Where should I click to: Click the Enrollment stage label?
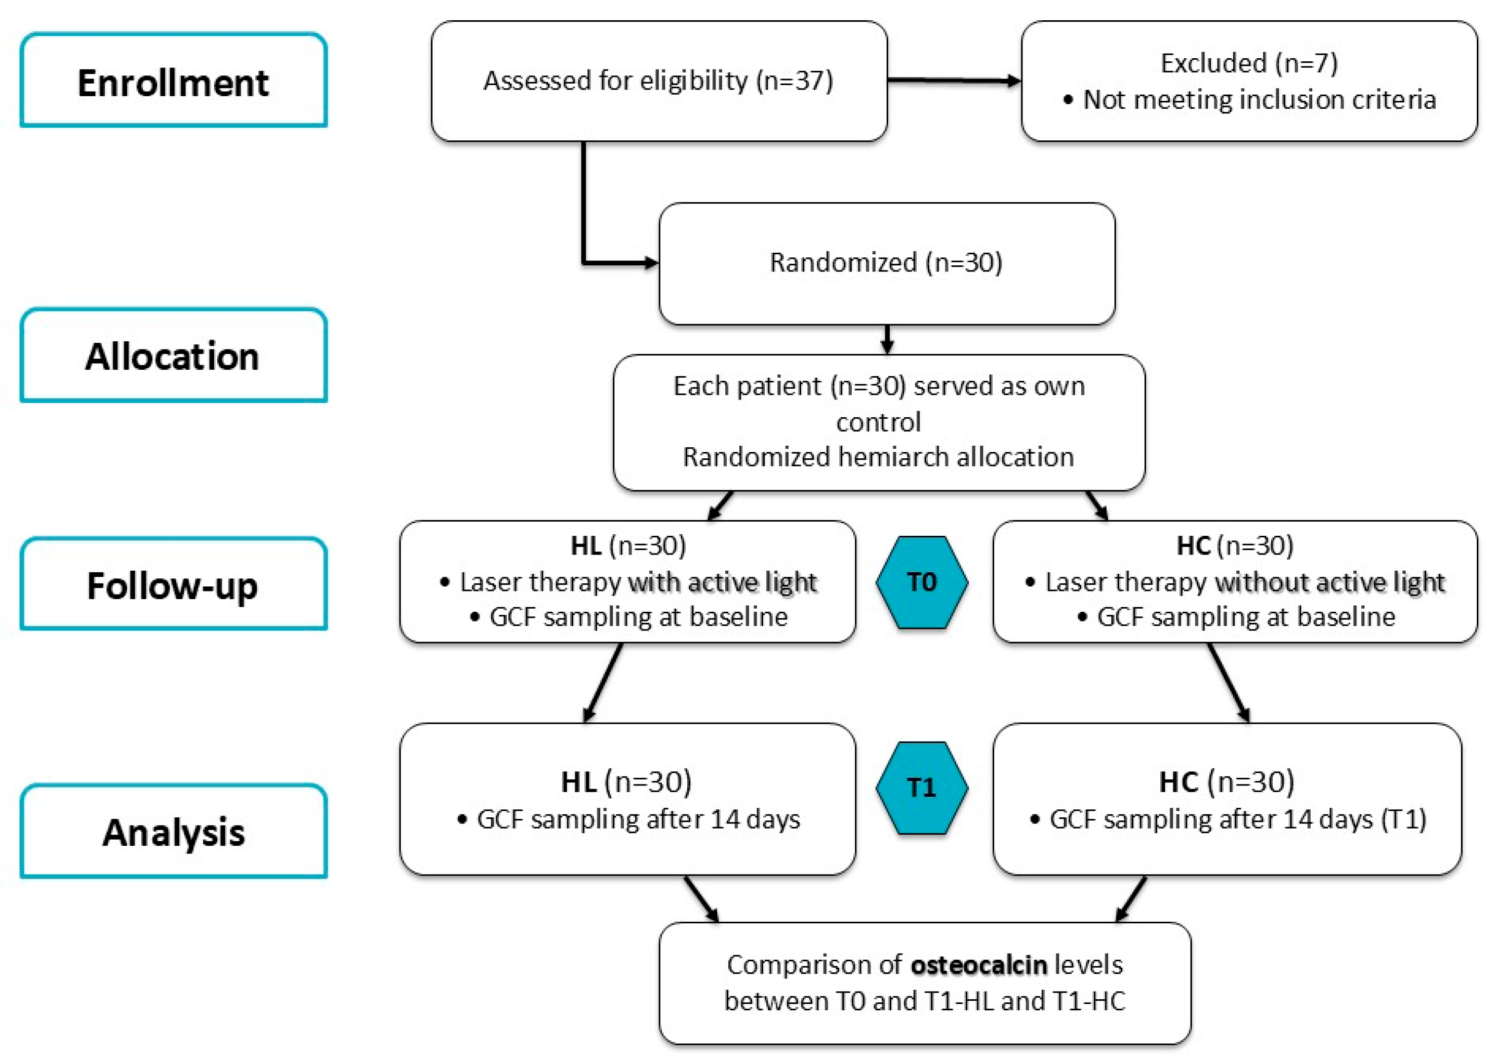click(x=173, y=82)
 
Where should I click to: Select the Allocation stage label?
click(x=173, y=357)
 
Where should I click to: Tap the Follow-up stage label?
click(x=173, y=584)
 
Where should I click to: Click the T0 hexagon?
click(x=921, y=582)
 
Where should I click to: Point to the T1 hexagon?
click(x=921, y=788)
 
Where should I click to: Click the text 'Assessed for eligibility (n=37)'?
click(x=658, y=81)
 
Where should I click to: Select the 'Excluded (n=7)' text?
click(x=1248, y=63)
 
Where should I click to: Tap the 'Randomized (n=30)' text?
click(x=886, y=262)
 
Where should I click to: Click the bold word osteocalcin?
click(x=978, y=965)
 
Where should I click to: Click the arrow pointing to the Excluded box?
click(x=954, y=81)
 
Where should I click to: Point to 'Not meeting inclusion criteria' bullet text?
click(x=1259, y=99)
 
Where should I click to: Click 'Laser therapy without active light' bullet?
click(x=1244, y=582)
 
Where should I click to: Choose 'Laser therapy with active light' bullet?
click(x=638, y=582)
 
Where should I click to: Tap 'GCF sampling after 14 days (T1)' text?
click(x=1237, y=819)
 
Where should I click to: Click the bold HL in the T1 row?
click(x=578, y=781)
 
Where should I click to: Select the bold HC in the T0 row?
click(x=1193, y=546)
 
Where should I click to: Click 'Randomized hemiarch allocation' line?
click(x=878, y=457)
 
